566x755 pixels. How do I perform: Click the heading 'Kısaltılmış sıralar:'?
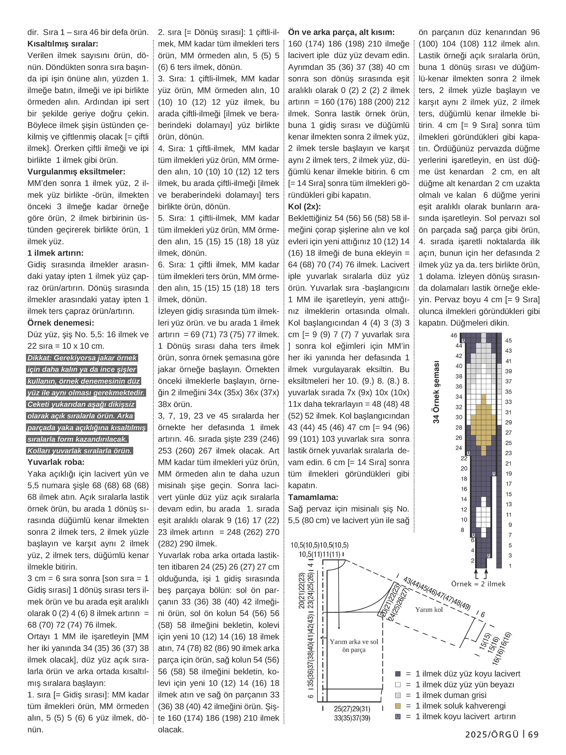63,44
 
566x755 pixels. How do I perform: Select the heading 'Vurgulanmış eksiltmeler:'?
76,171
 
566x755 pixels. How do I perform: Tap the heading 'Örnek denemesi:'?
61,323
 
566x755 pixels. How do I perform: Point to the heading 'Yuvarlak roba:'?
56,462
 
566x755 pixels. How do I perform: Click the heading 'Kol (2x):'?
304,206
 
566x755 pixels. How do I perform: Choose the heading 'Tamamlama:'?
313,497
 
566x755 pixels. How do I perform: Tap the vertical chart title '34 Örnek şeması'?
436,392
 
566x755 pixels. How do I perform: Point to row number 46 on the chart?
454,335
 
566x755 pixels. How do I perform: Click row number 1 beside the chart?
510,566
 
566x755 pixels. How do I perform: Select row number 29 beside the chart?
509,422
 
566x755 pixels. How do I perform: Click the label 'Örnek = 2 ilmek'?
478,584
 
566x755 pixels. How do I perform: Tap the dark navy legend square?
398,674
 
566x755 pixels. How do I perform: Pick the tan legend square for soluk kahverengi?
398,705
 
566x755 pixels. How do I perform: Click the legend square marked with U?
398,716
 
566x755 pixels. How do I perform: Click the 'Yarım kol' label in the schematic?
429,609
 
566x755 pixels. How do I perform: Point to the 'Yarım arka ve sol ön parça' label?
354,645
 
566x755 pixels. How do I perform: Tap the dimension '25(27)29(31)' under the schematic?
352,709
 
